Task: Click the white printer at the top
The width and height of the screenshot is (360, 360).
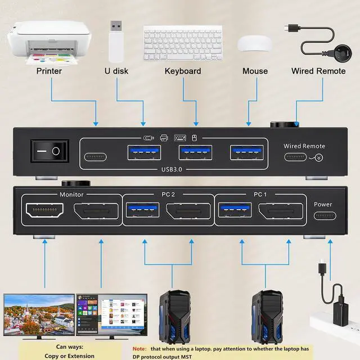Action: click(x=49, y=43)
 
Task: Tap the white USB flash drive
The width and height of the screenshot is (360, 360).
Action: click(x=116, y=42)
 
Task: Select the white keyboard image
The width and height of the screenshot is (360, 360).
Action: click(x=183, y=43)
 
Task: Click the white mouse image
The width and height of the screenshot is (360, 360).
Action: click(x=255, y=43)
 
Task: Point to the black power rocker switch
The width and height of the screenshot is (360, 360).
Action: click(x=50, y=151)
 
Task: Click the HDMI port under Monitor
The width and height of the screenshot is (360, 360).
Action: click(x=45, y=210)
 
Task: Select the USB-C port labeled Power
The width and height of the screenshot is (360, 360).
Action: click(x=325, y=216)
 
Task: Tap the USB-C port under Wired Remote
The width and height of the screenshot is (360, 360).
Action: click(x=295, y=157)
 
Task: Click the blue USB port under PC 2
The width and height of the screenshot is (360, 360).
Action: click(x=142, y=210)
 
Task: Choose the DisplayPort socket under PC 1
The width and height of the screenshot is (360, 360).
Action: click(x=281, y=211)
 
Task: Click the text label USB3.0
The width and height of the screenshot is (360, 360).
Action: click(x=172, y=169)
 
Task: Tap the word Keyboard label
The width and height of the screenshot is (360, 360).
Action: click(x=183, y=71)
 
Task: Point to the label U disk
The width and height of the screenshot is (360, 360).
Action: click(x=116, y=71)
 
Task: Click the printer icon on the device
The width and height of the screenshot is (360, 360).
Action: click(x=164, y=138)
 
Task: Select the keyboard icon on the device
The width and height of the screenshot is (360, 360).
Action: click(x=180, y=138)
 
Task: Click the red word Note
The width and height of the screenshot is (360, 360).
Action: click(x=139, y=349)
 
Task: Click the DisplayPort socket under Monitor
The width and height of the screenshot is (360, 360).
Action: click(x=96, y=211)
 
